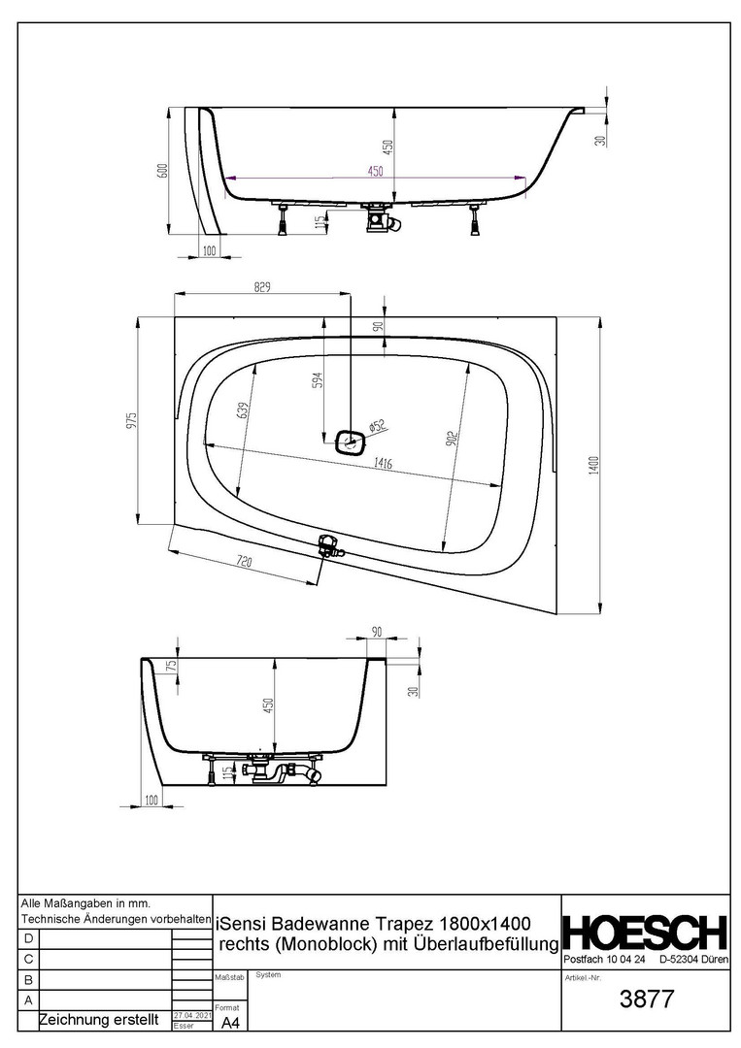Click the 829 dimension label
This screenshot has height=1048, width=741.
261,287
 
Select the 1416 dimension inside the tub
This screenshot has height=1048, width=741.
384,463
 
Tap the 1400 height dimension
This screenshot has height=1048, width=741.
594,466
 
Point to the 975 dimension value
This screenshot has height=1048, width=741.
132,420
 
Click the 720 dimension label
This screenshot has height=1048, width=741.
244,562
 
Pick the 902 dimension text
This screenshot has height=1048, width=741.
453,440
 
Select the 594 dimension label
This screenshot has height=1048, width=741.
319,380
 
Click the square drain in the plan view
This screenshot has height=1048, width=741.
349,441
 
